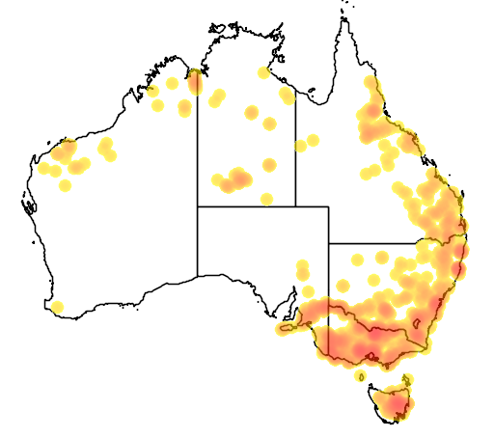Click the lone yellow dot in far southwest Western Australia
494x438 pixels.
[57, 308]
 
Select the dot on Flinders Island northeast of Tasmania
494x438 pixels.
[408, 378]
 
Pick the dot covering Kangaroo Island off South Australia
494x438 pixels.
[286, 329]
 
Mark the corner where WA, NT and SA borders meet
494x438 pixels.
[198, 206]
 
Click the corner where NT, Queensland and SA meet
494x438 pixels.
[295, 206]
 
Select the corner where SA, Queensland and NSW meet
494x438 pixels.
[329, 243]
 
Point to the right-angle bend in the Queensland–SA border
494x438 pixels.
[328, 206]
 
